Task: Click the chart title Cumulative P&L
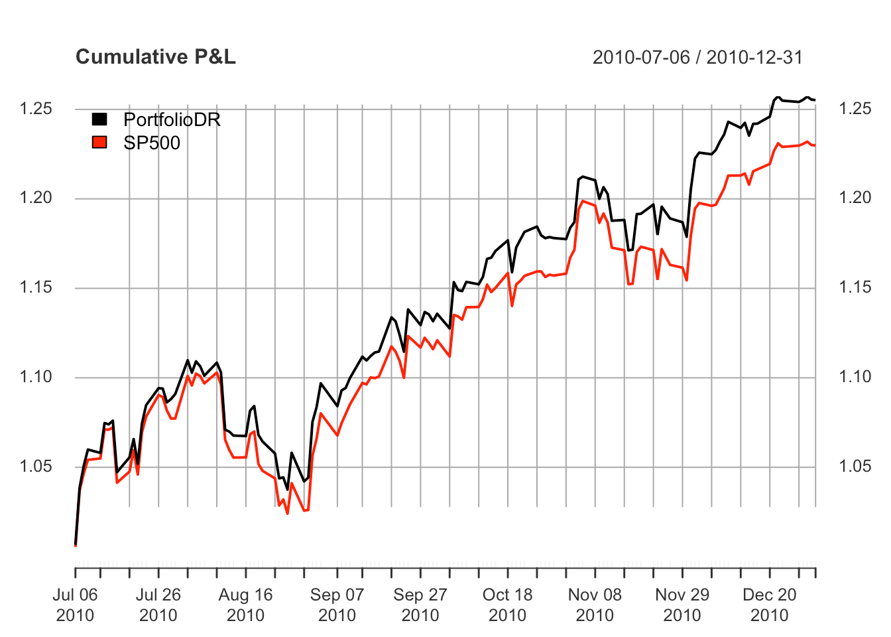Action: [155, 57]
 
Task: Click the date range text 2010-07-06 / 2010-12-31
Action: [697, 58]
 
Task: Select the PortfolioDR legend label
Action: [172, 119]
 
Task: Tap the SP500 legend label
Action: [152, 143]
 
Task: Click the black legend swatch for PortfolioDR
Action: [99, 119]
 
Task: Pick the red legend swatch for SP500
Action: [99, 142]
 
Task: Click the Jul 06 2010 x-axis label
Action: [75, 604]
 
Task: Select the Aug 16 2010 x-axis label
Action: [246, 604]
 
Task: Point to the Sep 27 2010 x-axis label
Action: [420, 604]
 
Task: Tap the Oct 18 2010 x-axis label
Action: [507, 604]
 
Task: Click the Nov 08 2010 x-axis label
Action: [595, 604]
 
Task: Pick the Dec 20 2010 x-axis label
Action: [769, 604]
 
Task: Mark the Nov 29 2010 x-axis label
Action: [682, 604]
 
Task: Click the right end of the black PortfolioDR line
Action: [815, 100]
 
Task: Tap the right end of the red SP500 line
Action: [815, 145]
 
